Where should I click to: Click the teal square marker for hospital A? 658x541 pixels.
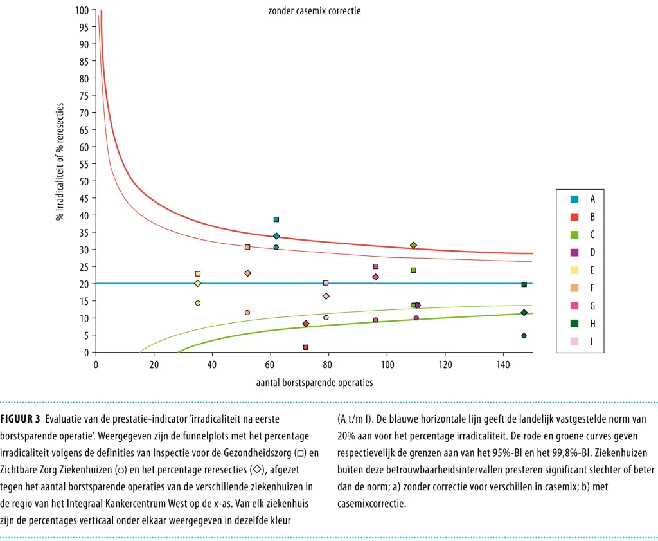point(276,219)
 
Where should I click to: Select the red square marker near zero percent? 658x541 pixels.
point(305,347)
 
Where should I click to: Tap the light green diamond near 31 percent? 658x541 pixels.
point(413,245)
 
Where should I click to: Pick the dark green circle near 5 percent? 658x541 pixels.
point(524,336)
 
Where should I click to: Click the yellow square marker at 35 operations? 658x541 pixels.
point(198,274)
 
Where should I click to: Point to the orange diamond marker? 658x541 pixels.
point(247,273)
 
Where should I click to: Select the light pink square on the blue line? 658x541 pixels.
point(326,283)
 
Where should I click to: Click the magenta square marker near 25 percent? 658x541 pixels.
point(375,266)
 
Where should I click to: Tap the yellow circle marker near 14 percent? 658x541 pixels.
point(198,303)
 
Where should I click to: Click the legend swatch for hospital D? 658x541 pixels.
point(574,252)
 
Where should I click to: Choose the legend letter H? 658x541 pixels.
point(592,324)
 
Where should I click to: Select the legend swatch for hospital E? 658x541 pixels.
point(574,270)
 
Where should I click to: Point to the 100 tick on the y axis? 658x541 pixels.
point(82,10)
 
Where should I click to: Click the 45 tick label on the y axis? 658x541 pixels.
point(84,198)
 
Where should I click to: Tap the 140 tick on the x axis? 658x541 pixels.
point(503,365)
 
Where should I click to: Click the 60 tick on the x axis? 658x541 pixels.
point(271,365)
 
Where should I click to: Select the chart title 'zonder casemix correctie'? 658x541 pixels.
point(314,11)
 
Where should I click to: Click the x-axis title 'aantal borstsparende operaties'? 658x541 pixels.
point(314,383)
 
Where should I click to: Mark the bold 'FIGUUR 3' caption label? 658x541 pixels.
point(20,419)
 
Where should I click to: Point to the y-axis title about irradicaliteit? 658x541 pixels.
point(60,161)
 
